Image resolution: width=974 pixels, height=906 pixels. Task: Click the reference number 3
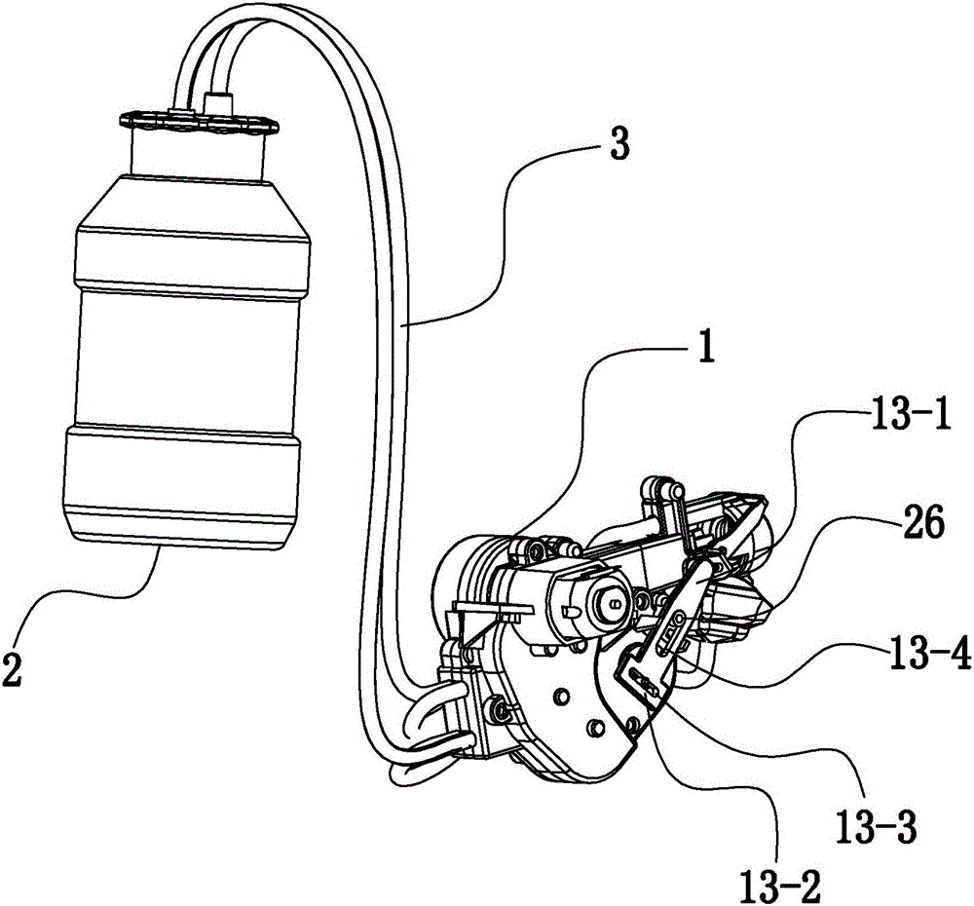[618, 144]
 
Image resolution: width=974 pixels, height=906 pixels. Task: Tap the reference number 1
[704, 347]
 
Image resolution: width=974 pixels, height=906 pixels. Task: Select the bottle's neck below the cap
[198, 155]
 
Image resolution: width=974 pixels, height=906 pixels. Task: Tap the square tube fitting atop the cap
[217, 101]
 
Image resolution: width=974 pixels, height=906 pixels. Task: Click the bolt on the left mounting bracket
[498, 706]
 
